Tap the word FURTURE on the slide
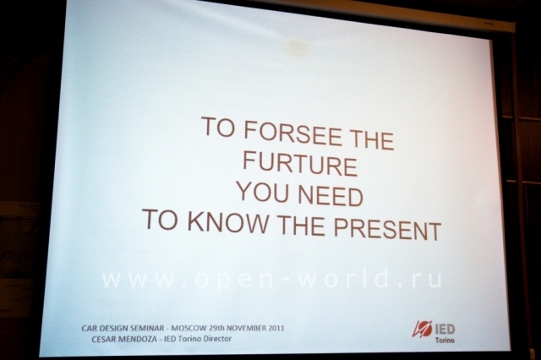coord(300,165)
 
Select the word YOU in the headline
coord(263,192)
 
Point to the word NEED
coord(331,195)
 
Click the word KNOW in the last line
coord(227,221)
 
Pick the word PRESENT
coord(387,229)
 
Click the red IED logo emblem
coord(422,330)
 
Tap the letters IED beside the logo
coord(445,330)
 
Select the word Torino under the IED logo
coord(445,341)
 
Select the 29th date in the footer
coord(216,328)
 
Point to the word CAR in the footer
coord(89,328)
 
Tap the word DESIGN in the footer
coord(112,328)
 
